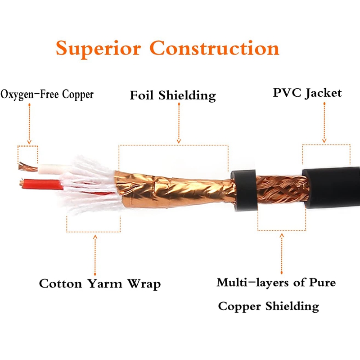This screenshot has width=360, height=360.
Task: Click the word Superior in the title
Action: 98,49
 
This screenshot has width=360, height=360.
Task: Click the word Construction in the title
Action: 215,48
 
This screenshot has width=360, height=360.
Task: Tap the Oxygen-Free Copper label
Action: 47,94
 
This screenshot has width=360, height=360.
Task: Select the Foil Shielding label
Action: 173,95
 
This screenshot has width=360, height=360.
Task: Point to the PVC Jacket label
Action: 307,93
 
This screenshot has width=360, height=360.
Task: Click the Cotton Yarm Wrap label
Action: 100,284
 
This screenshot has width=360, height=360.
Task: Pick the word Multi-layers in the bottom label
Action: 252,283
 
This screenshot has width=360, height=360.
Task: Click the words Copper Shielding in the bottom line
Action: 269,306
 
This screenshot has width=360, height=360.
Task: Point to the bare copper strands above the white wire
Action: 27,166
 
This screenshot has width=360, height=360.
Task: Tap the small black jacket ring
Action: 244,189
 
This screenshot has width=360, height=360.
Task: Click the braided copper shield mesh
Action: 281,189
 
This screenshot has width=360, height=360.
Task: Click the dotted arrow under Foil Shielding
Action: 179,123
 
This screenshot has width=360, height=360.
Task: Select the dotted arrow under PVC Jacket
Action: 324,122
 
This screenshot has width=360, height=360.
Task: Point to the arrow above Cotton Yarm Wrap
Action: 95,255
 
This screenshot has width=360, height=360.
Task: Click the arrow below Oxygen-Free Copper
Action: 29,124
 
